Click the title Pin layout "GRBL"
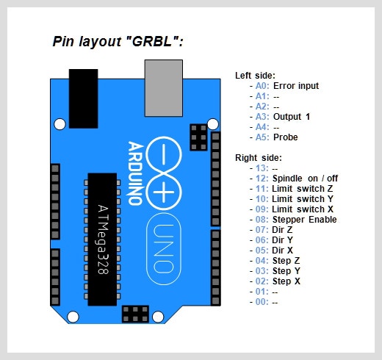118,41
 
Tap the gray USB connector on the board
164,88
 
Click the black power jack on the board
84,98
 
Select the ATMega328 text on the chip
103,240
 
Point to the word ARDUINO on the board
135,173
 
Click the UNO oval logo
164,249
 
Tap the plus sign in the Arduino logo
164,192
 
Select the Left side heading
255,76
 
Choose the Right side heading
259,158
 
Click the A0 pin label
262,86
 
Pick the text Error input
296,86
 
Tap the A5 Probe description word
286,137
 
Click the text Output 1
292,117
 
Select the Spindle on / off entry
305,179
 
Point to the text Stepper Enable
305,220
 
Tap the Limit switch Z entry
303,189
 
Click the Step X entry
286,281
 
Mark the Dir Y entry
282,240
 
